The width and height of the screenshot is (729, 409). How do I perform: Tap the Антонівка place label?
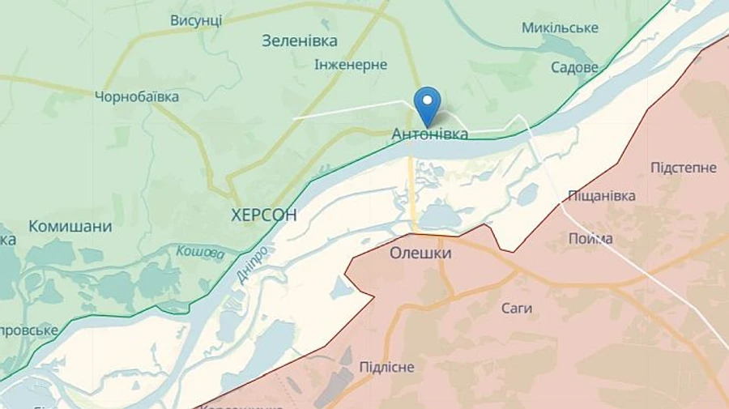(429, 134)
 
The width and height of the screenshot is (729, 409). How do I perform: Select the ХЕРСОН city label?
(263, 215)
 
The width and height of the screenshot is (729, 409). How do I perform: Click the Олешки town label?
(420, 253)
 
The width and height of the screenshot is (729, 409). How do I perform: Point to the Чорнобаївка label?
(137, 97)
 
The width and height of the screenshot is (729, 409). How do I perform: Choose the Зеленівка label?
(300, 40)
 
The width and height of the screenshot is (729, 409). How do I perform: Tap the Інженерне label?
(351, 65)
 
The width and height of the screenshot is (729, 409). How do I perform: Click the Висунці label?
(196, 20)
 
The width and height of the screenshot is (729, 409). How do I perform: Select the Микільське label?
(560, 28)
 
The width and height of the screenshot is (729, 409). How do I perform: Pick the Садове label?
(574, 67)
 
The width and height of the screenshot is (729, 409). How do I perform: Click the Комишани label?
(70, 227)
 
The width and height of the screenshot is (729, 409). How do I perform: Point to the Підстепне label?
(684, 168)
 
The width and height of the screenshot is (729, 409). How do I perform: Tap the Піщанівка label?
(601, 195)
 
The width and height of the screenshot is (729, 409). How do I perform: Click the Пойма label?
(590, 239)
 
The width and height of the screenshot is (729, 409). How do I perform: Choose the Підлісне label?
(386, 367)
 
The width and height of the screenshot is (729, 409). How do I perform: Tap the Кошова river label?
(199, 253)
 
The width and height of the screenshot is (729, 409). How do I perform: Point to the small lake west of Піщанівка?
(527, 194)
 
